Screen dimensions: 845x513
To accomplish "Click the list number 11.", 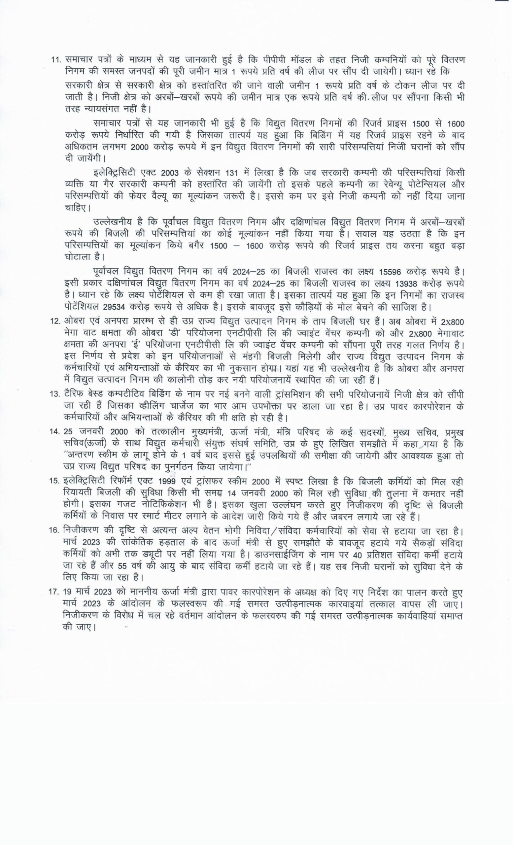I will pos(56,59).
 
